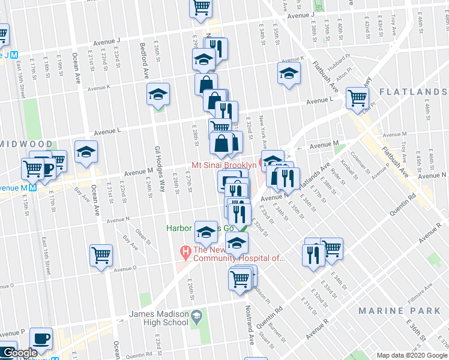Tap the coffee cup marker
click(41, 338)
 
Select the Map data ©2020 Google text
click(411, 355)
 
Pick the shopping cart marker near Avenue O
click(101, 254)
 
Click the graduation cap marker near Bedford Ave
click(158, 94)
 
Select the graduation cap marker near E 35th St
click(289, 74)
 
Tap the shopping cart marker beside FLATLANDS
click(357, 97)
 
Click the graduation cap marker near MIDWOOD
click(86, 151)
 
